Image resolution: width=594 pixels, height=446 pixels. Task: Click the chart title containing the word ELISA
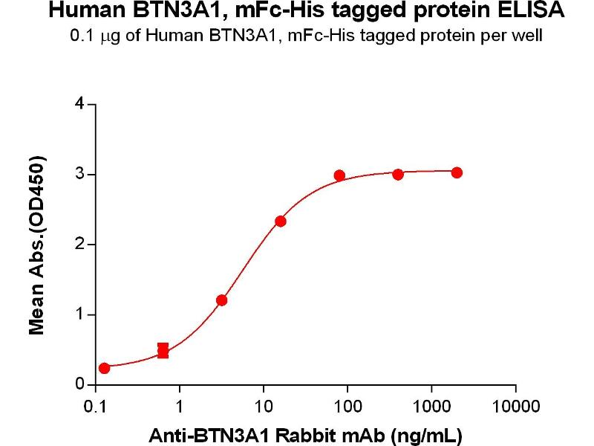point(296,11)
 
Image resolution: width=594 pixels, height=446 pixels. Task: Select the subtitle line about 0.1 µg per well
point(296,35)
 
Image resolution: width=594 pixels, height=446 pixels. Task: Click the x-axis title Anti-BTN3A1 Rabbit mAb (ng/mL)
point(306,432)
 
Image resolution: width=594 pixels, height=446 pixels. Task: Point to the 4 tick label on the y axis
point(79,104)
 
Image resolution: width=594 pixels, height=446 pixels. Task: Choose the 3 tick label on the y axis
point(79,175)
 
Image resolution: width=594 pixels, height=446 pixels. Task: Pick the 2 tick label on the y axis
point(79,245)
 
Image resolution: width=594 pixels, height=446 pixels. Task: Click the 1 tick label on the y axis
point(79,315)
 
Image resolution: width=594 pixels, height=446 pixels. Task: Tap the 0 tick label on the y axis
point(79,385)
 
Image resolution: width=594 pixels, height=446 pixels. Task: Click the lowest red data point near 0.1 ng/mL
point(104,368)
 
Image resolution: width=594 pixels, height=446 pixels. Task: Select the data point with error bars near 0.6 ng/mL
point(163,350)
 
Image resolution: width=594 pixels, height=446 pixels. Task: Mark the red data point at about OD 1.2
point(221,300)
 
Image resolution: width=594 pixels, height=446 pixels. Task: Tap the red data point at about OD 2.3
point(281,221)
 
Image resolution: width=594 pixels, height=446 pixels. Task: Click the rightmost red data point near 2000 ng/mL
point(457,172)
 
